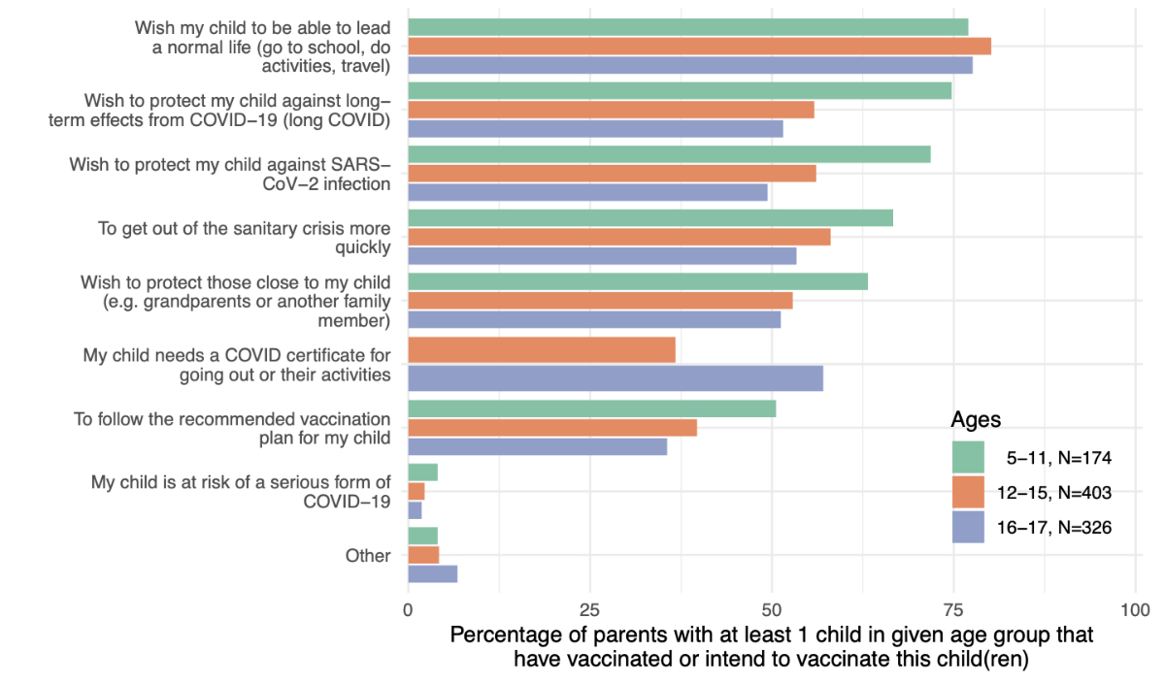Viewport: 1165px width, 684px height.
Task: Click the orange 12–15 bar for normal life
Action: [699, 46]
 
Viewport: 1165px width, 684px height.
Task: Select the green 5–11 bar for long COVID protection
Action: [680, 90]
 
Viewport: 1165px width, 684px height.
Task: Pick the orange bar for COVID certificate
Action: [542, 349]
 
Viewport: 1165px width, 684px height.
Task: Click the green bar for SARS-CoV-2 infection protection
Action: [669, 154]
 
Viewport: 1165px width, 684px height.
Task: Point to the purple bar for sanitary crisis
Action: [602, 256]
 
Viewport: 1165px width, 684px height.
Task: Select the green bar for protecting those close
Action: [638, 281]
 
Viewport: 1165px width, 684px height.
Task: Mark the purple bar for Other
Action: [432, 574]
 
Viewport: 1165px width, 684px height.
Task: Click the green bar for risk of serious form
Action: [422, 472]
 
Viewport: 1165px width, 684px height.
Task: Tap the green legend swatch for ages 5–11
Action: [968, 457]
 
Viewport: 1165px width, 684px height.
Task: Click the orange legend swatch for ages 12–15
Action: [968, 492]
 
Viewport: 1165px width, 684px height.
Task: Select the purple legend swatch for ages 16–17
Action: [968, 527]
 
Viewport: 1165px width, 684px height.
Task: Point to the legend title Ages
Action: [976, 420]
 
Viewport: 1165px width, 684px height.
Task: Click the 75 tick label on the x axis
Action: [953, 610]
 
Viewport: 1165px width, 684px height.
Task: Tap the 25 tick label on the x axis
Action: [589, 610]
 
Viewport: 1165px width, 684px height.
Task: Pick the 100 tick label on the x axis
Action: [1134, 610]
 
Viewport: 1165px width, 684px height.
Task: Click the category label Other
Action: [368, 556]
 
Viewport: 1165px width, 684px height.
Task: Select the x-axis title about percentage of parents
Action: [772, 647]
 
